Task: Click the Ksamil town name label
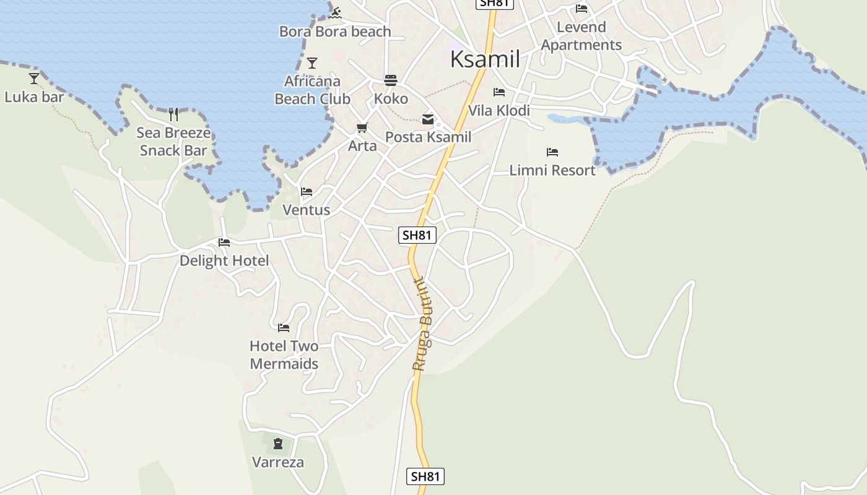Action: [x=485, y=59]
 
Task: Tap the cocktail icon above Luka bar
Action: [x=34, y=78]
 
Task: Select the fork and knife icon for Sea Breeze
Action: [x=173, y=114]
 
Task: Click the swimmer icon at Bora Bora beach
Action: [x=336, y=13]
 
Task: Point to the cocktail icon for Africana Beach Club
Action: [x=312, y=62]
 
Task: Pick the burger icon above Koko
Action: [x=390, y=80]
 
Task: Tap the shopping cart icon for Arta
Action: [x=362, y=127]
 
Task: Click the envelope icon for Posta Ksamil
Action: [x=427, y=119]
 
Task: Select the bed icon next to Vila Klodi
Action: [x=499, y=92]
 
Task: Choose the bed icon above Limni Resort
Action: [x=552, y=152]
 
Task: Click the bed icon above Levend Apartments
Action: [x=581, y=9]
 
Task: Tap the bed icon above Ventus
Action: [x=307, y=192]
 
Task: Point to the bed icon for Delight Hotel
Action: [x=224, y=243]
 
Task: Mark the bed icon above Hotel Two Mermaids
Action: [x=284, y=327]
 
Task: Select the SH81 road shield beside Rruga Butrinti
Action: [x=418, y=235]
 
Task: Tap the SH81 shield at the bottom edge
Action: [x=426, y=476]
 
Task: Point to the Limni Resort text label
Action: [x=552, y=170]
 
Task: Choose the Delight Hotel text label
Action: [x=224, y=260]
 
